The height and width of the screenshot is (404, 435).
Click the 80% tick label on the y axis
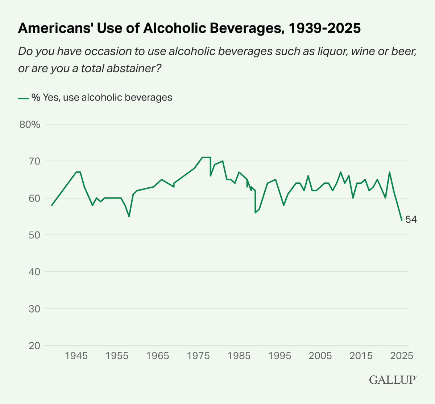(29, 125)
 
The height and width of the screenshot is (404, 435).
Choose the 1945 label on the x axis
(76, 356)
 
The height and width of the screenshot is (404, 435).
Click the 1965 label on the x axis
(157, 356)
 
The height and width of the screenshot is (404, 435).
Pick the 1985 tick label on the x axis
(239, 356)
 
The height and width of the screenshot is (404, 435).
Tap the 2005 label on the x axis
(320, 356)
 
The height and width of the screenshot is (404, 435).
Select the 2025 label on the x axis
(401, 356)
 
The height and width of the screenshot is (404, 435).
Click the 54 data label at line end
(411, 220)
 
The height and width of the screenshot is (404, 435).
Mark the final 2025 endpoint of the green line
(402, 220)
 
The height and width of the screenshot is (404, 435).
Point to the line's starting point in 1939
(52, 205)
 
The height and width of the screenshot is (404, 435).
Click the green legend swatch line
(23, 98)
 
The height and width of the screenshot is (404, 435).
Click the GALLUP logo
(393, 380)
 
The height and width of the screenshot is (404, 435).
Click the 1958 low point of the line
(129, 216)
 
